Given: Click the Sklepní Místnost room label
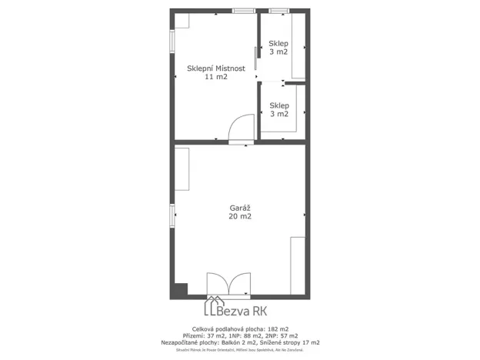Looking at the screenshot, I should (216, 68).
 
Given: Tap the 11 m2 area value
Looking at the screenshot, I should (216, 77).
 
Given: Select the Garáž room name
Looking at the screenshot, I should (240, 208).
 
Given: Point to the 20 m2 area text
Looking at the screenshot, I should (240, 217).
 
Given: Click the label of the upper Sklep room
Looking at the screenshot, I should (278, 43).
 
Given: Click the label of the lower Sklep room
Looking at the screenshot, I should (278, 105).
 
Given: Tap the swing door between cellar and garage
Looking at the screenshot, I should (242, 128).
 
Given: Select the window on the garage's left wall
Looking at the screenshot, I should (172, 215).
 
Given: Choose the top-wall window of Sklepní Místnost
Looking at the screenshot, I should (245, 11).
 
